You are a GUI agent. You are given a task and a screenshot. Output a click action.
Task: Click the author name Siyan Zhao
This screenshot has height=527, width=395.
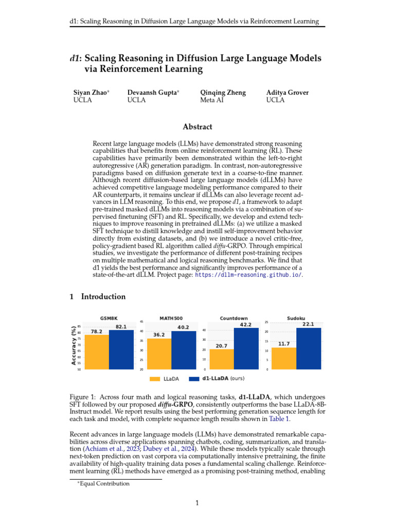91,93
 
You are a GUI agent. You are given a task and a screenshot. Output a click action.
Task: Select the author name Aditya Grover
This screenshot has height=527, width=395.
288,93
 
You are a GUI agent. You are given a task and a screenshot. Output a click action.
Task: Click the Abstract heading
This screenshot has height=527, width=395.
197,127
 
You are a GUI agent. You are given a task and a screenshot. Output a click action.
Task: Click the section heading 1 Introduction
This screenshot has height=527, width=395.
97,296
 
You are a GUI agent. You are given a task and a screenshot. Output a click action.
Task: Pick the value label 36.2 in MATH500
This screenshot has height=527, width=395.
159,335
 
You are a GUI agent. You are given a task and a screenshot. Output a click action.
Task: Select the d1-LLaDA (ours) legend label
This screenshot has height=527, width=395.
223,379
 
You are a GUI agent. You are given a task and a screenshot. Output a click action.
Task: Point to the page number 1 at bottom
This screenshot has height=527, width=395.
197,503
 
